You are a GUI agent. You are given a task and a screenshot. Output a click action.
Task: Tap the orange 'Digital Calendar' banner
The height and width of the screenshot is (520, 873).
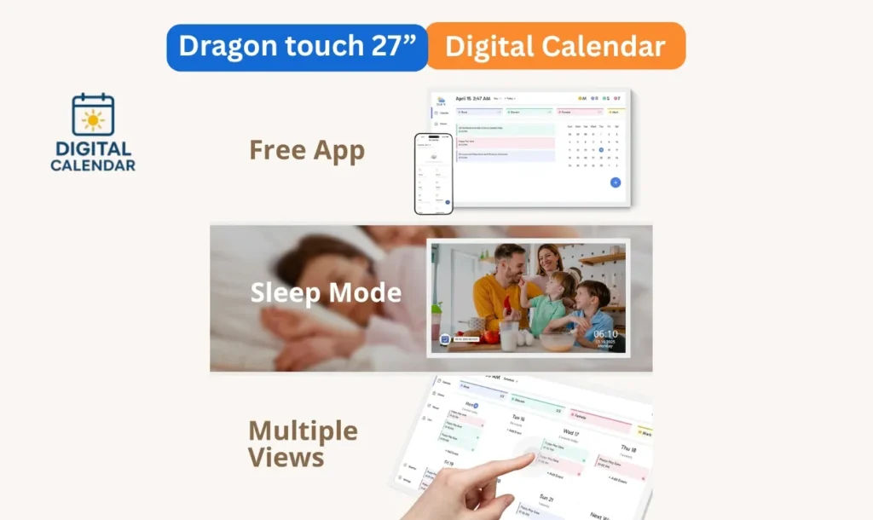555,47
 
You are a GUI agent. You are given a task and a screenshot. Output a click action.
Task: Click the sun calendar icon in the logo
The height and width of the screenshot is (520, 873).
93,115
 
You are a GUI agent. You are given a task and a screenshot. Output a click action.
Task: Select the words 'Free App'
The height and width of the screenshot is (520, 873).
307,150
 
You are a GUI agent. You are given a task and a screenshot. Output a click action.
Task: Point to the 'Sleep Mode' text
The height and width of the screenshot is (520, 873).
326,292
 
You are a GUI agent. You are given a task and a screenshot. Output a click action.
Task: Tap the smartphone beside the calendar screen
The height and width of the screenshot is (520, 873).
433,173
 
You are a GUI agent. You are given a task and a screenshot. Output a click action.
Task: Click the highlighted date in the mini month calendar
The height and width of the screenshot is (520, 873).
600,150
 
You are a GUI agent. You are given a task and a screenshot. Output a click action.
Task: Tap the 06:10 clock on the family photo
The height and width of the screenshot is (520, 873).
605,334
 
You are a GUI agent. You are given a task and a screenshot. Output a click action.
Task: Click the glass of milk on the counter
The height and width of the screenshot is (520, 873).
510,336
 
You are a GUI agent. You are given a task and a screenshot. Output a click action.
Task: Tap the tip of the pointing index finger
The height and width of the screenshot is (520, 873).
530,458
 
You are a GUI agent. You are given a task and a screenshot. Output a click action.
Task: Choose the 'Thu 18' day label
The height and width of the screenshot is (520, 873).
628,448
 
